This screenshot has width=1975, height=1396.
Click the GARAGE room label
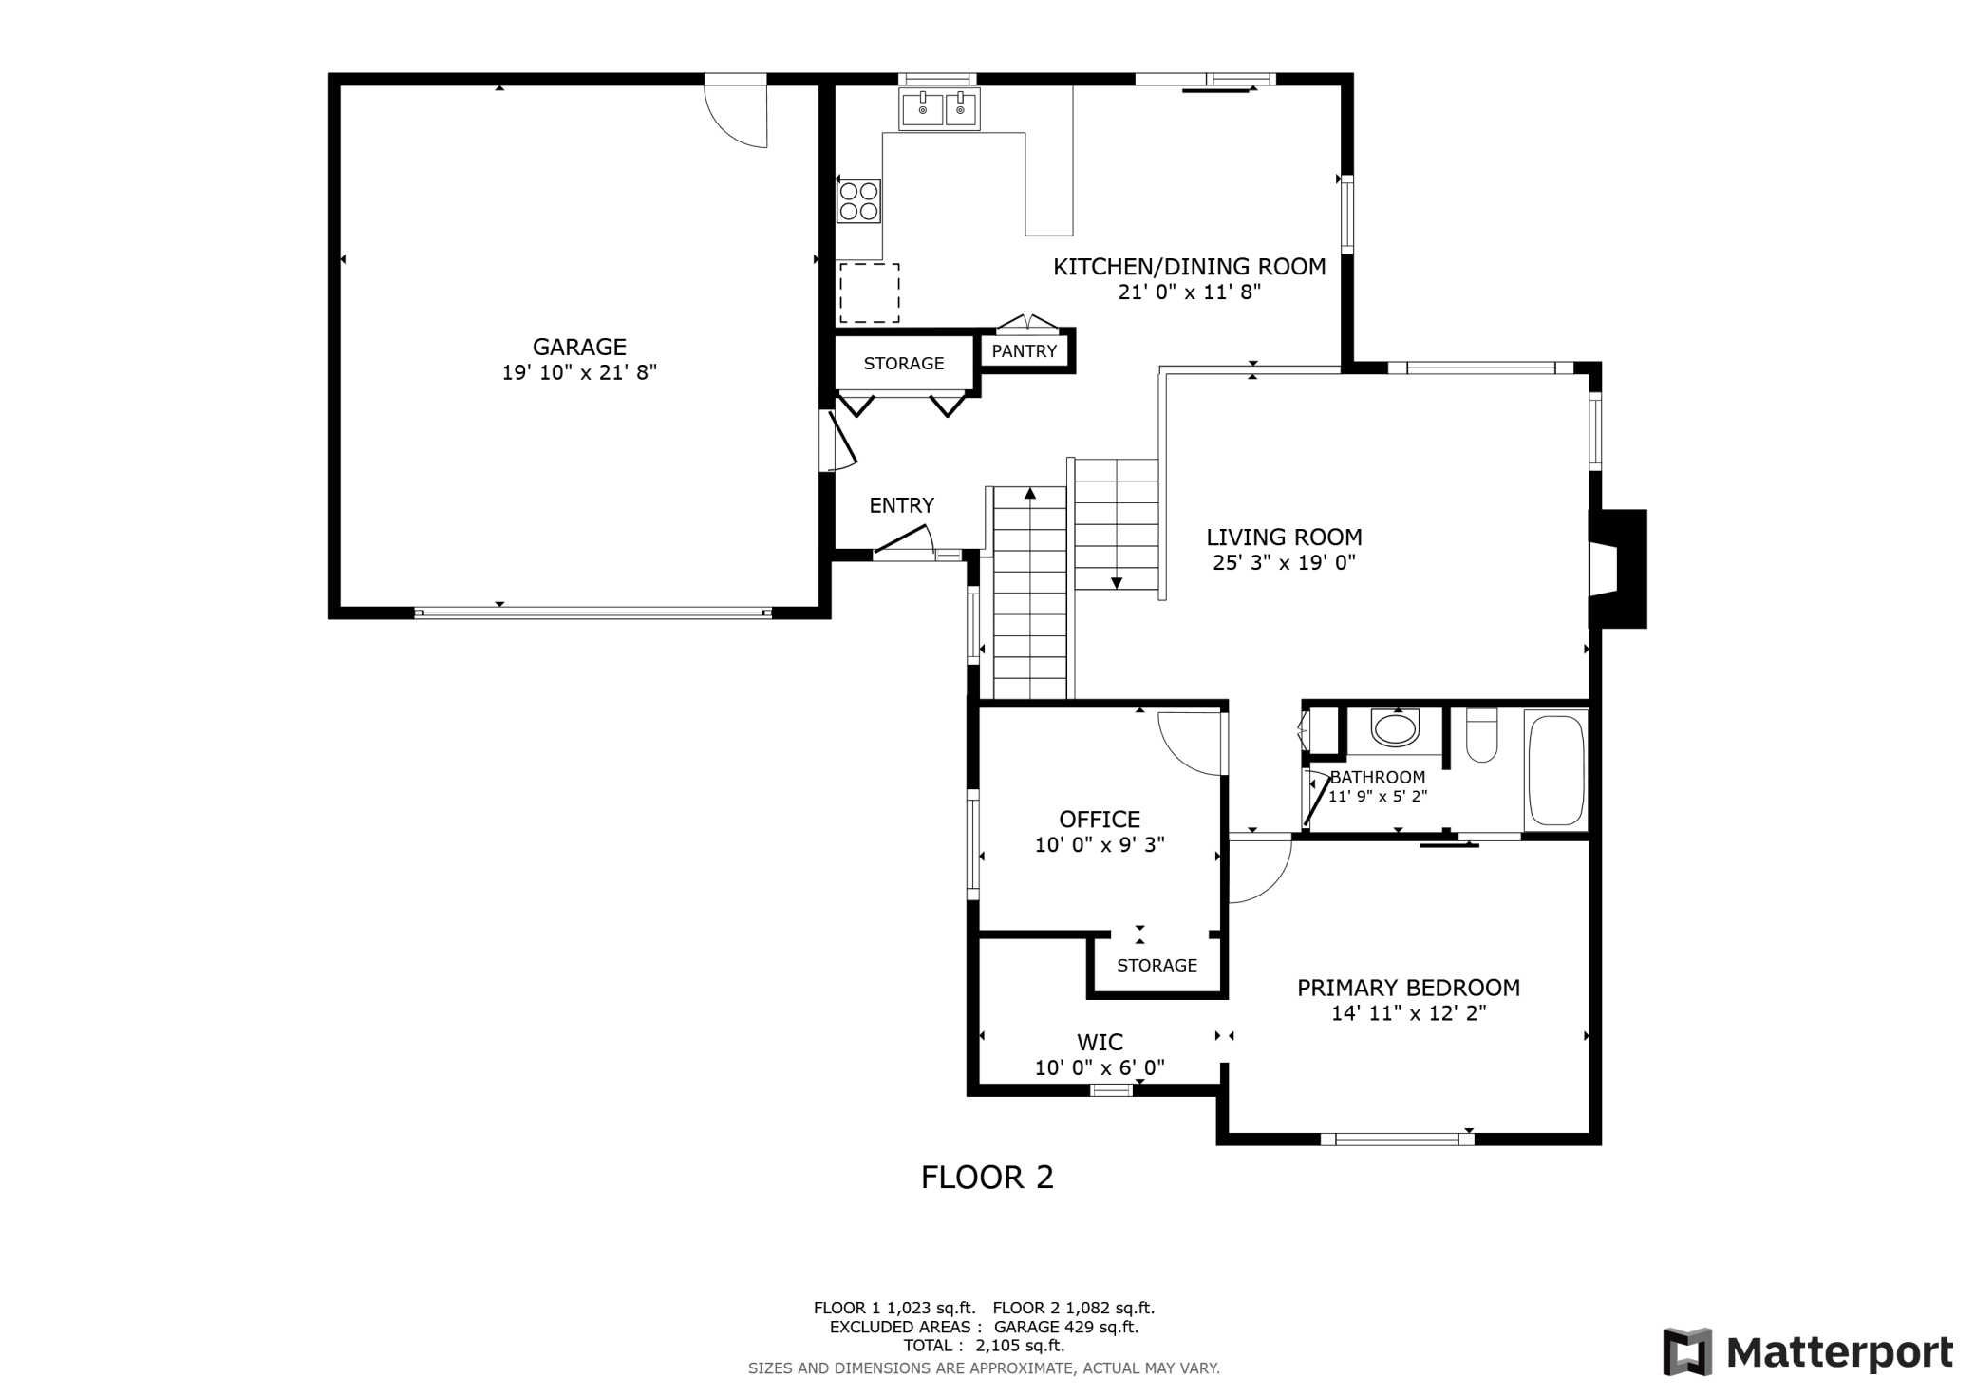(x=579, y=347)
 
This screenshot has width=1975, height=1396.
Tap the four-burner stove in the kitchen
(x=858, y=201)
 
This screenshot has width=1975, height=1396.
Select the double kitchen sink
(x=940, y=109)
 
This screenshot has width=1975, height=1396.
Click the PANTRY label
(x=1024, y=351)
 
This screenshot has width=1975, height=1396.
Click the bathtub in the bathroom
(x=1555, y=770)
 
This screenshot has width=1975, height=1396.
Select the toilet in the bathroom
(x=1481, y=737)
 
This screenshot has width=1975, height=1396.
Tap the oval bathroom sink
(x=1395, y=729)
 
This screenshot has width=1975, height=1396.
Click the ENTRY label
(x=901, y=505)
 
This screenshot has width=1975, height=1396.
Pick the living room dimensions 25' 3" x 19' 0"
(x=1284, y=562)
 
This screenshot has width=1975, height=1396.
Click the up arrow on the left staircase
(x=1030, y=494)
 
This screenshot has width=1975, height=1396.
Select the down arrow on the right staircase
(x=1117, y=581)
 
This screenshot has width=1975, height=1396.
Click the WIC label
(x=1100, y=1043)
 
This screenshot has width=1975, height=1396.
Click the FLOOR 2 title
(x=987, y=1178)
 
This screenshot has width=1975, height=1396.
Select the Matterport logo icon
(x=1687, y=1351)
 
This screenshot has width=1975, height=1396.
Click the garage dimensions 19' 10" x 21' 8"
(x=579, y=372)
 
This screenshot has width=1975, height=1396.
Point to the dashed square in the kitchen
(x=869, y=293)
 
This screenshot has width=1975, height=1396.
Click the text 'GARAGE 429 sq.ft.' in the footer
(x=1065, y=1327)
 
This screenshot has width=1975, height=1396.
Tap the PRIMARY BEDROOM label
(x=1408, y=988)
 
